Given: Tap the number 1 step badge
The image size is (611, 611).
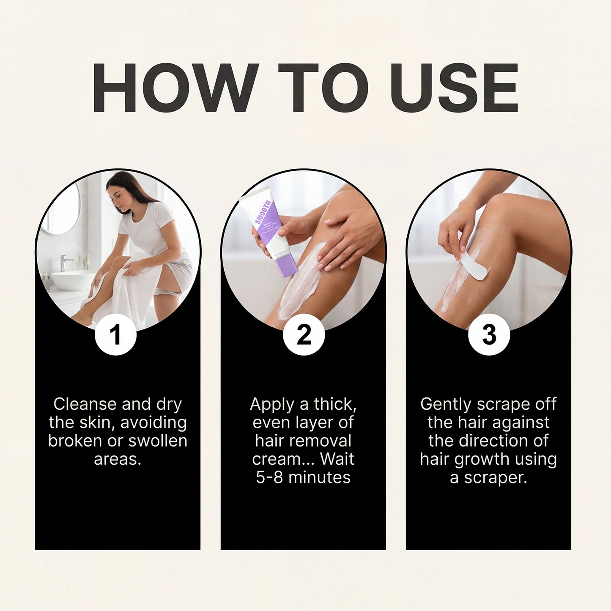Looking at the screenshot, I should tap(115, 334).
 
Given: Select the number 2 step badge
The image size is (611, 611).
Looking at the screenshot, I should tap(304, 334).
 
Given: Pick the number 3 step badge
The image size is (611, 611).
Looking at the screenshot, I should tap(489, 334).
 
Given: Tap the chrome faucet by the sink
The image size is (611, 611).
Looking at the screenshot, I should tap(66, 262).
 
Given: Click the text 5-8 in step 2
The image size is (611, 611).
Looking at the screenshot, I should tap(269, 477).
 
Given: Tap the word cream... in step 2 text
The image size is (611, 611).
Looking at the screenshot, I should tap(282, 459).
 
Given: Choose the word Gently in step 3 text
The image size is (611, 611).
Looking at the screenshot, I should tap(446, 405).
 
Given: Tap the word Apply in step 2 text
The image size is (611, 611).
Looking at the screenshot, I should tap(272, 405).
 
